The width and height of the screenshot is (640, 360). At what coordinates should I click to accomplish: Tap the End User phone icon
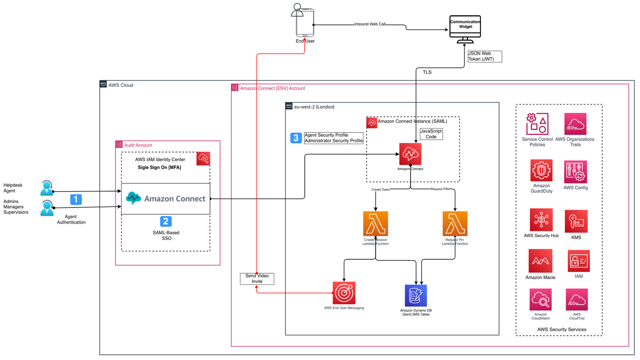coord(305,22)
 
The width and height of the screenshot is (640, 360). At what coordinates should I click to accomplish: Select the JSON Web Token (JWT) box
coord(484,56)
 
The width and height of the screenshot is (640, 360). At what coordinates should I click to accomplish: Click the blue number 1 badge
coord(76,199)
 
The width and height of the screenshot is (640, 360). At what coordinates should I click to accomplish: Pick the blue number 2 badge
coord(166,221)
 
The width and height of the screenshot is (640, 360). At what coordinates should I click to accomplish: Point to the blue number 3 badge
coord(296,138)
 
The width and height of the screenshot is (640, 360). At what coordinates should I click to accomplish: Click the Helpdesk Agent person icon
coord(47,188)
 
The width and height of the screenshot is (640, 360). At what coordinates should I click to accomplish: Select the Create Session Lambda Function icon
coord(375,224)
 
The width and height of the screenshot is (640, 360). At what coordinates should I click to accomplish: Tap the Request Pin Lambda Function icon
coord(455,224)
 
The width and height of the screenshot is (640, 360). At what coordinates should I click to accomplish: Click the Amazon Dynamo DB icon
coord(416,296)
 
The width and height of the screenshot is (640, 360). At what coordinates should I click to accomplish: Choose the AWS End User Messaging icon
coord(344,293)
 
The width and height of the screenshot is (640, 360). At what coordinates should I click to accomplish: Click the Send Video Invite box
coord(257,279)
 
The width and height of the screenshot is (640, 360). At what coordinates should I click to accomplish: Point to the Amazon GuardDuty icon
coord(542,171)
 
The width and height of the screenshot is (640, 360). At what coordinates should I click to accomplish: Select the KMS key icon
coord(576,221)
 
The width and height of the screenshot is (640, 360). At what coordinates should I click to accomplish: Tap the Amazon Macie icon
coord(540,261)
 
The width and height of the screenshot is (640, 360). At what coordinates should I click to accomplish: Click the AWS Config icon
coord(576,172)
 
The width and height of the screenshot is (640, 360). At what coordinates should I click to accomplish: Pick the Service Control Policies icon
coord(537,124)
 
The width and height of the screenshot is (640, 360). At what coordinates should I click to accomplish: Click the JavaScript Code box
coord(431,134)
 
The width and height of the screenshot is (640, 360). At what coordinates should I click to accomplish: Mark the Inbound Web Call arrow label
coord(370,24)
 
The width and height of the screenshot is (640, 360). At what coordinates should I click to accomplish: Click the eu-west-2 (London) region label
coord(314,107)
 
